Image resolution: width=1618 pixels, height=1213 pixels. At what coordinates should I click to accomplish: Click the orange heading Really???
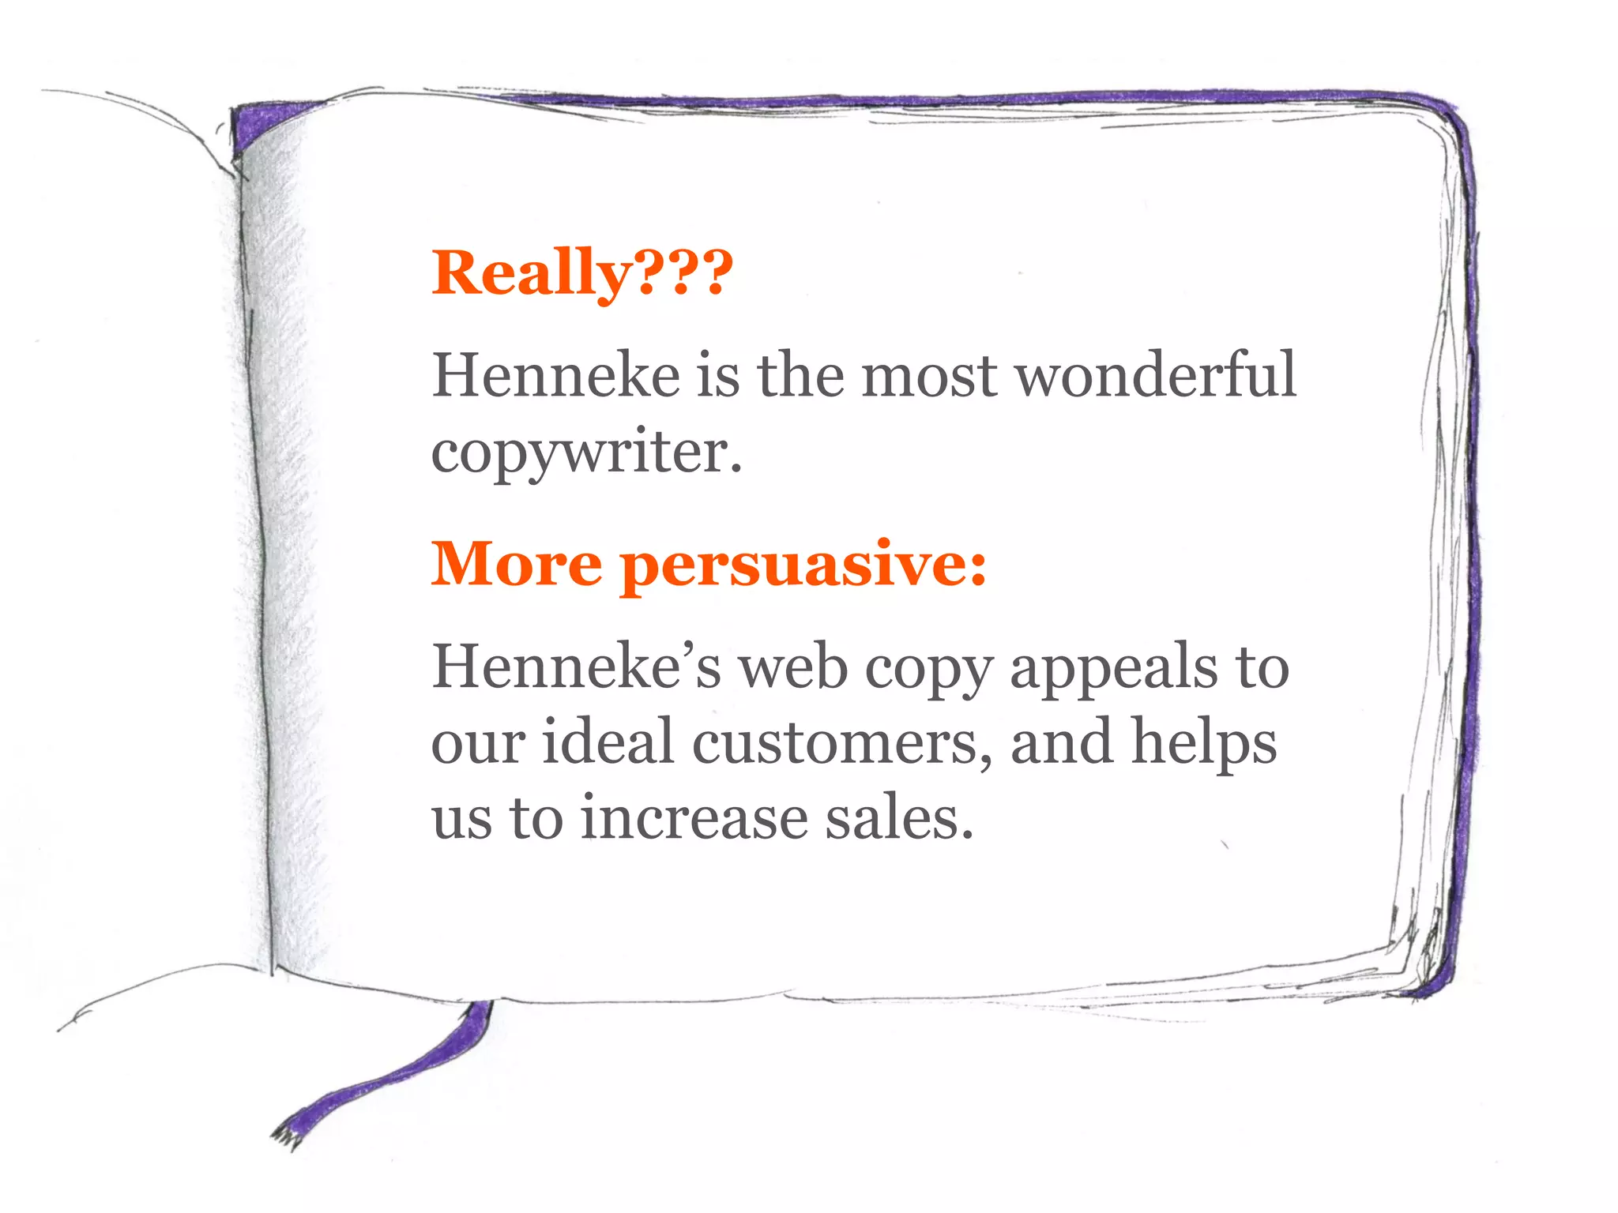(582, 272)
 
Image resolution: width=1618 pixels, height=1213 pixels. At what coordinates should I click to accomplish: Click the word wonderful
(1155, 375)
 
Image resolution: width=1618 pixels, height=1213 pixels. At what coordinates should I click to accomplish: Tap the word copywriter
(586, 453)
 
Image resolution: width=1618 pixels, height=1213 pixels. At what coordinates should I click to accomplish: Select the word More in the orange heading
(517, 564)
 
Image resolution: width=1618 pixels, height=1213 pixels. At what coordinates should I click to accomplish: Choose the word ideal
(608, 742)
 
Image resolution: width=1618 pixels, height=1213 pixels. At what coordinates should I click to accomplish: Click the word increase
(694, 817)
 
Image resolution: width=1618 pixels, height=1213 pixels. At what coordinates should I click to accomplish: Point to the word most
(929, 376)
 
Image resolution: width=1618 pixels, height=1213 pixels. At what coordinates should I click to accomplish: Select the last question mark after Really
(716, 272)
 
